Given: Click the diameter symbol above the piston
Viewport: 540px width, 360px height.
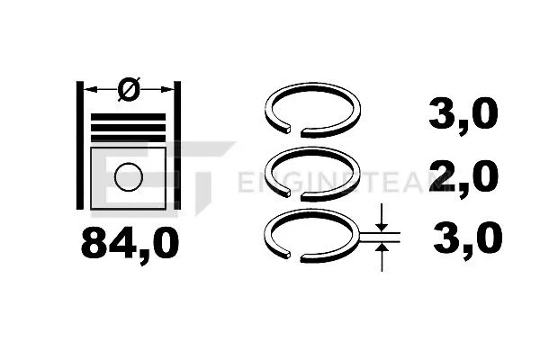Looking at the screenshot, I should (x=129, y=88).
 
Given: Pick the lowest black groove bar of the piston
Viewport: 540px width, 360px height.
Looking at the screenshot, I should (x=129, y=137).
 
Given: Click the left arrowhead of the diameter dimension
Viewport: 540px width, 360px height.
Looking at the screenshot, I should (x=91, y=88).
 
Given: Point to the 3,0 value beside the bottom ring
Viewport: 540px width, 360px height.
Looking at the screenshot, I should (x=465, y=238).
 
